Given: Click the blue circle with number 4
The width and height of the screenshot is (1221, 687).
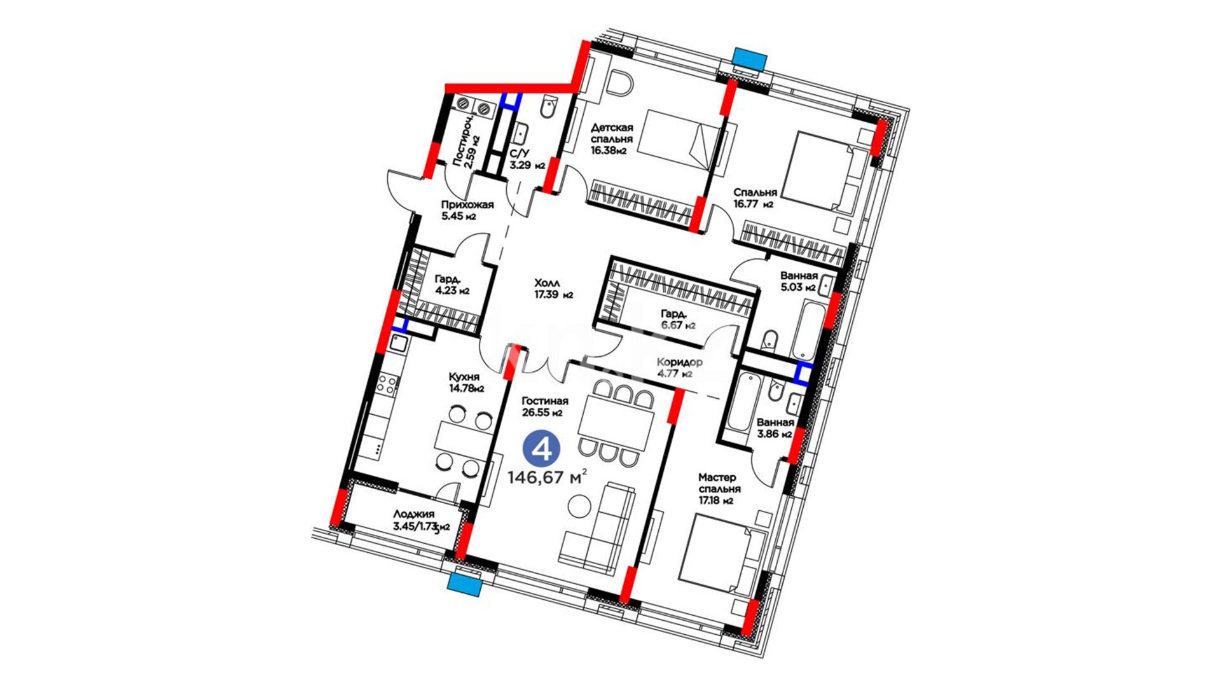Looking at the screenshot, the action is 541,450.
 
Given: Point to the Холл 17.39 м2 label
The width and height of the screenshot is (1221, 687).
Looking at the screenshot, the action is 553,288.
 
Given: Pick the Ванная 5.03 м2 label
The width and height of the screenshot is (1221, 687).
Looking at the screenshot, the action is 799,281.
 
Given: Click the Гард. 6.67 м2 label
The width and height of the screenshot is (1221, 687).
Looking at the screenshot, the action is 678,319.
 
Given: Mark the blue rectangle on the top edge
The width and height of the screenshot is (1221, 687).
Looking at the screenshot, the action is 748,57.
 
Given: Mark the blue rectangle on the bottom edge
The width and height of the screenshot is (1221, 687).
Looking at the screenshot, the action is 464,583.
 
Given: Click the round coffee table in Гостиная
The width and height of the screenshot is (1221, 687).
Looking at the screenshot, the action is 579,507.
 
